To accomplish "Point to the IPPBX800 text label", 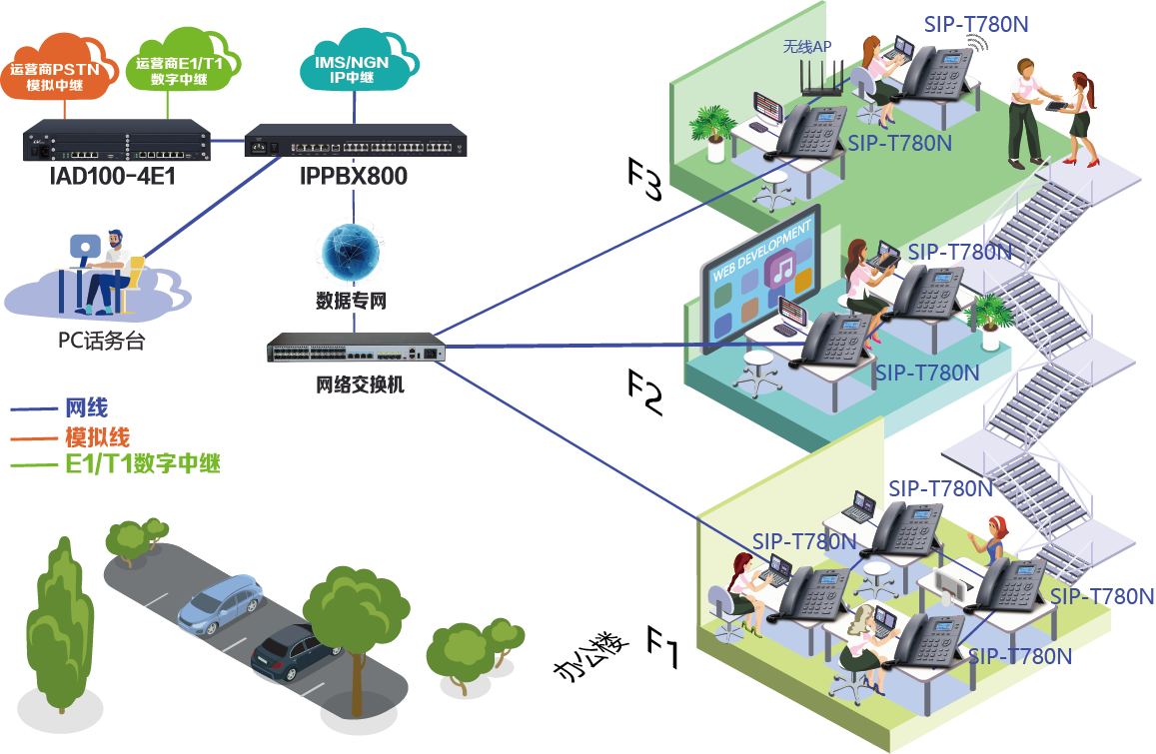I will pos(354,177).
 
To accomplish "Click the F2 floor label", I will pos(644,392).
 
